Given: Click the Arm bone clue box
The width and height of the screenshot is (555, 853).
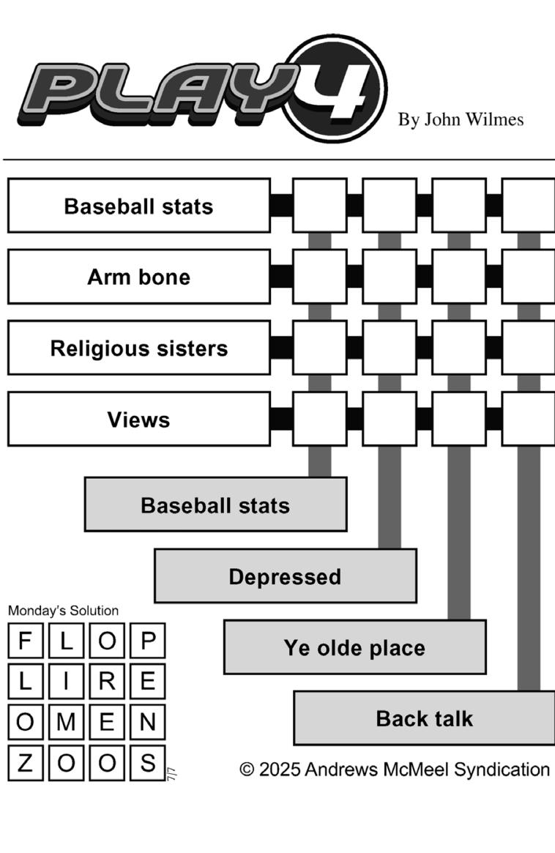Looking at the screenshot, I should tap(138, 277).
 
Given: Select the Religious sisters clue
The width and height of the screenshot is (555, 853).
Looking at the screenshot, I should tap(138, 348).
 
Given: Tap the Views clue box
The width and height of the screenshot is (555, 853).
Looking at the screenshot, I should tap(138, 419).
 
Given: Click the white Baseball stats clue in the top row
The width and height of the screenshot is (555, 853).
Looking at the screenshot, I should tap(138, 206).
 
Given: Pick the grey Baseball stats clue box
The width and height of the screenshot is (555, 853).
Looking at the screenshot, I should tap(215, 504).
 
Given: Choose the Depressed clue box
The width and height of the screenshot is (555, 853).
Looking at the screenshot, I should tap(285, 576).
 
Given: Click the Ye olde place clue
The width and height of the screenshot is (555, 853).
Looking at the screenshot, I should tap(354, 647).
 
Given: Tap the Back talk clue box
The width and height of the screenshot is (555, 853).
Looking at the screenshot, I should tap(424, 718).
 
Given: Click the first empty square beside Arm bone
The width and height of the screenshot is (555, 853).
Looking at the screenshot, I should tap(319, 277).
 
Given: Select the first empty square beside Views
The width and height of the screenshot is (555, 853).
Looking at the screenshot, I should tap(319, 419).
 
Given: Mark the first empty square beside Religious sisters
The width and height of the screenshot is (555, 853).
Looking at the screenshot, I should tap(319, 348).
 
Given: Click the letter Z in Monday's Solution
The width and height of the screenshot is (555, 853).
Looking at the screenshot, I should tap(25, 762).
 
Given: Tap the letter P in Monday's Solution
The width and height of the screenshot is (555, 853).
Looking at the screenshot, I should tap(148, 641).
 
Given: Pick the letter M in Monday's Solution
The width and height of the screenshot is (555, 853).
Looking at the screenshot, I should tap(66, 722).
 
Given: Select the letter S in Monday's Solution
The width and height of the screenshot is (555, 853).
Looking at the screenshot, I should tap(148, 762).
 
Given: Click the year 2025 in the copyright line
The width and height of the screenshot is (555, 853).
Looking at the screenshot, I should tap(279, 770).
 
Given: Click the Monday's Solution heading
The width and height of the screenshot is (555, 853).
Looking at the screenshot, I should tap(63, 611).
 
